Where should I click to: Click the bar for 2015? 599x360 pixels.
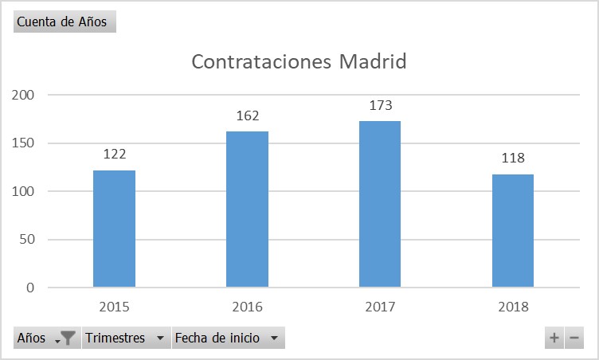(x=114, y=229)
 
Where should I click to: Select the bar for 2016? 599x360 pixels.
(x=247, y=209)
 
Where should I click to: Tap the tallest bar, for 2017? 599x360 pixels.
(x=380, y=204)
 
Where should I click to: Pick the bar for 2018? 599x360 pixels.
(x=513, y=230)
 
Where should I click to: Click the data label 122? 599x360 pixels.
(x=114, y=155)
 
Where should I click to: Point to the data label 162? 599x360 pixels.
(x=248, y=116)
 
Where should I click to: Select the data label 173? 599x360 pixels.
(x=381, y=105)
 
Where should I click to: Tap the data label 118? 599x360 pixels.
(x=513, y=158)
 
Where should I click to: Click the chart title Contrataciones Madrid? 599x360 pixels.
(x=299, y=61)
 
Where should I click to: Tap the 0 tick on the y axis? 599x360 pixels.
(x=30, y=288)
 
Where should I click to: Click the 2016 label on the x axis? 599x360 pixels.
(x=247, y=307)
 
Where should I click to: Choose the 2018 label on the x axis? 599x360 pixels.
(x=513, y=307)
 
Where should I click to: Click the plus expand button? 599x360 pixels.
(x=554, y=338)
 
